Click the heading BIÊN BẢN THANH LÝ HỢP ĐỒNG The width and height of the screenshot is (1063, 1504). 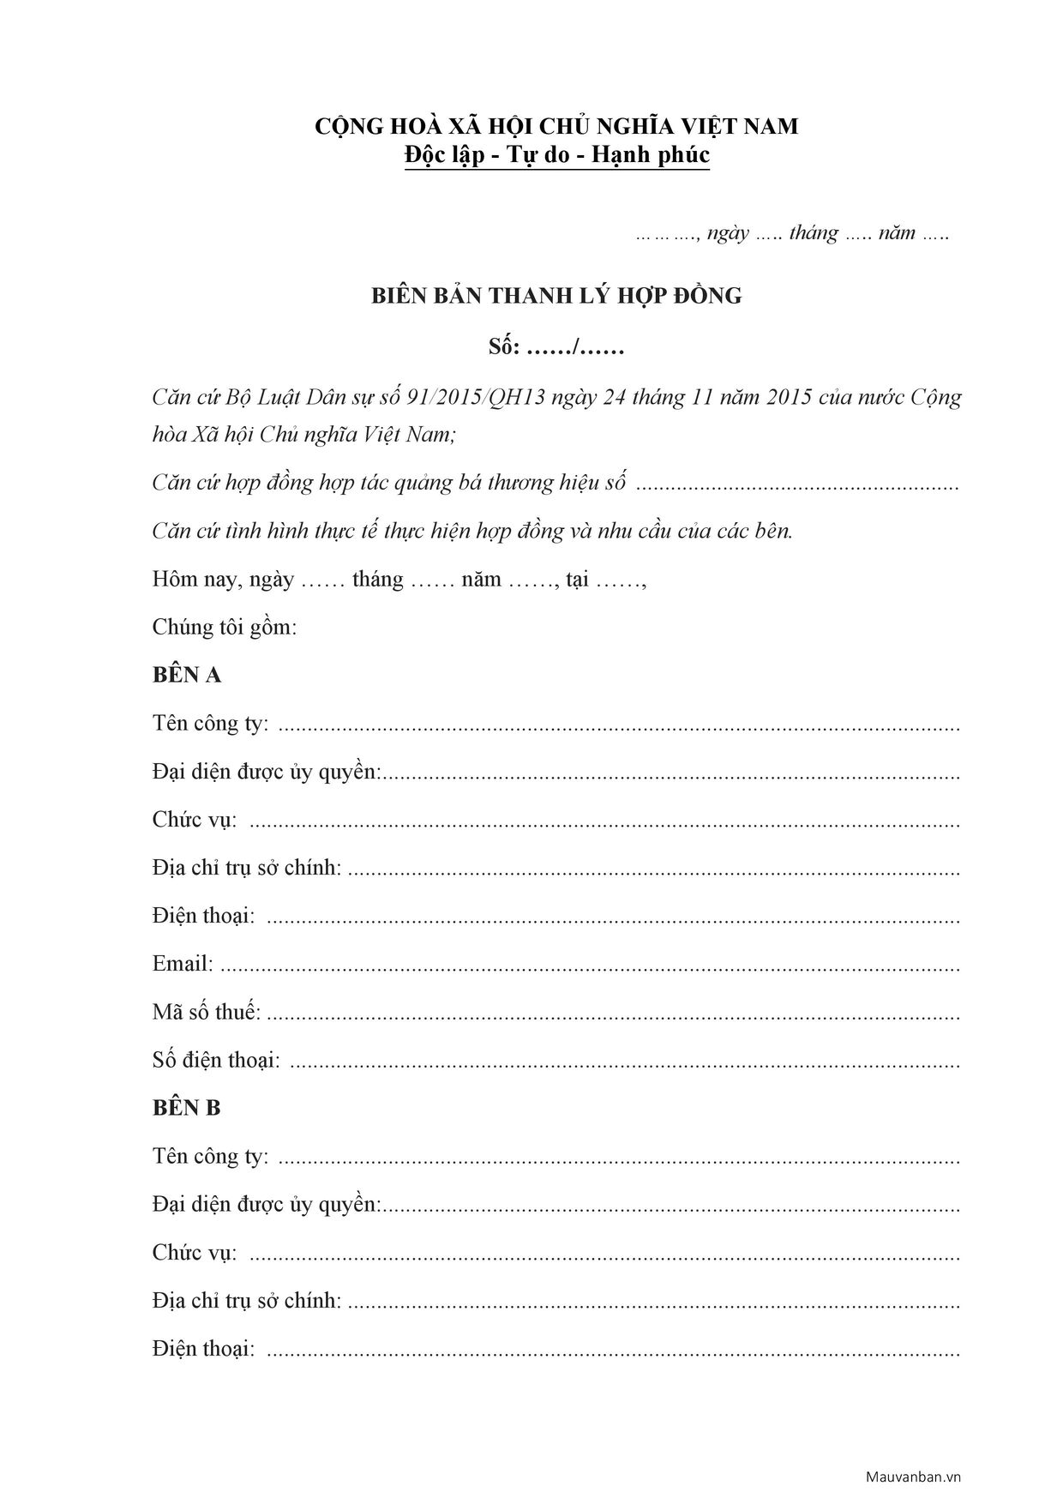556,297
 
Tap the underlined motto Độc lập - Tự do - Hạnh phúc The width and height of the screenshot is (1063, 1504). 557,156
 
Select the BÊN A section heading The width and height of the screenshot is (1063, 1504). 187,676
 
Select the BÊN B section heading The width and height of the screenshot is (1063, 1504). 187,1109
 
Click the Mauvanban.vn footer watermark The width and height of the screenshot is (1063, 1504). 913,1477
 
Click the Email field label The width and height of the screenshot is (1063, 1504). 183,964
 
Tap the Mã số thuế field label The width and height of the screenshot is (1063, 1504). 207,1012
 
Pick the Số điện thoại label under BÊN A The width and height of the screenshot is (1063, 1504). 216,1060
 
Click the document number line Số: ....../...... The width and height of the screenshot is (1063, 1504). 556,348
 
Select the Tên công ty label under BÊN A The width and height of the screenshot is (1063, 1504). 210,724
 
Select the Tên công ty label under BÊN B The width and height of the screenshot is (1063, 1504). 210,1157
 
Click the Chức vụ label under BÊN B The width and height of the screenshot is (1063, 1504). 195,1253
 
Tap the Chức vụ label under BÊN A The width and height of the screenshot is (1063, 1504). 195,820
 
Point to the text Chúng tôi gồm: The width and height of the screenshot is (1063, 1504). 225,627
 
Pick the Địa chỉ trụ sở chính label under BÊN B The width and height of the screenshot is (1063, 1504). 247,1301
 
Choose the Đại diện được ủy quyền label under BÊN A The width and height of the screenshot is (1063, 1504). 266,772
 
